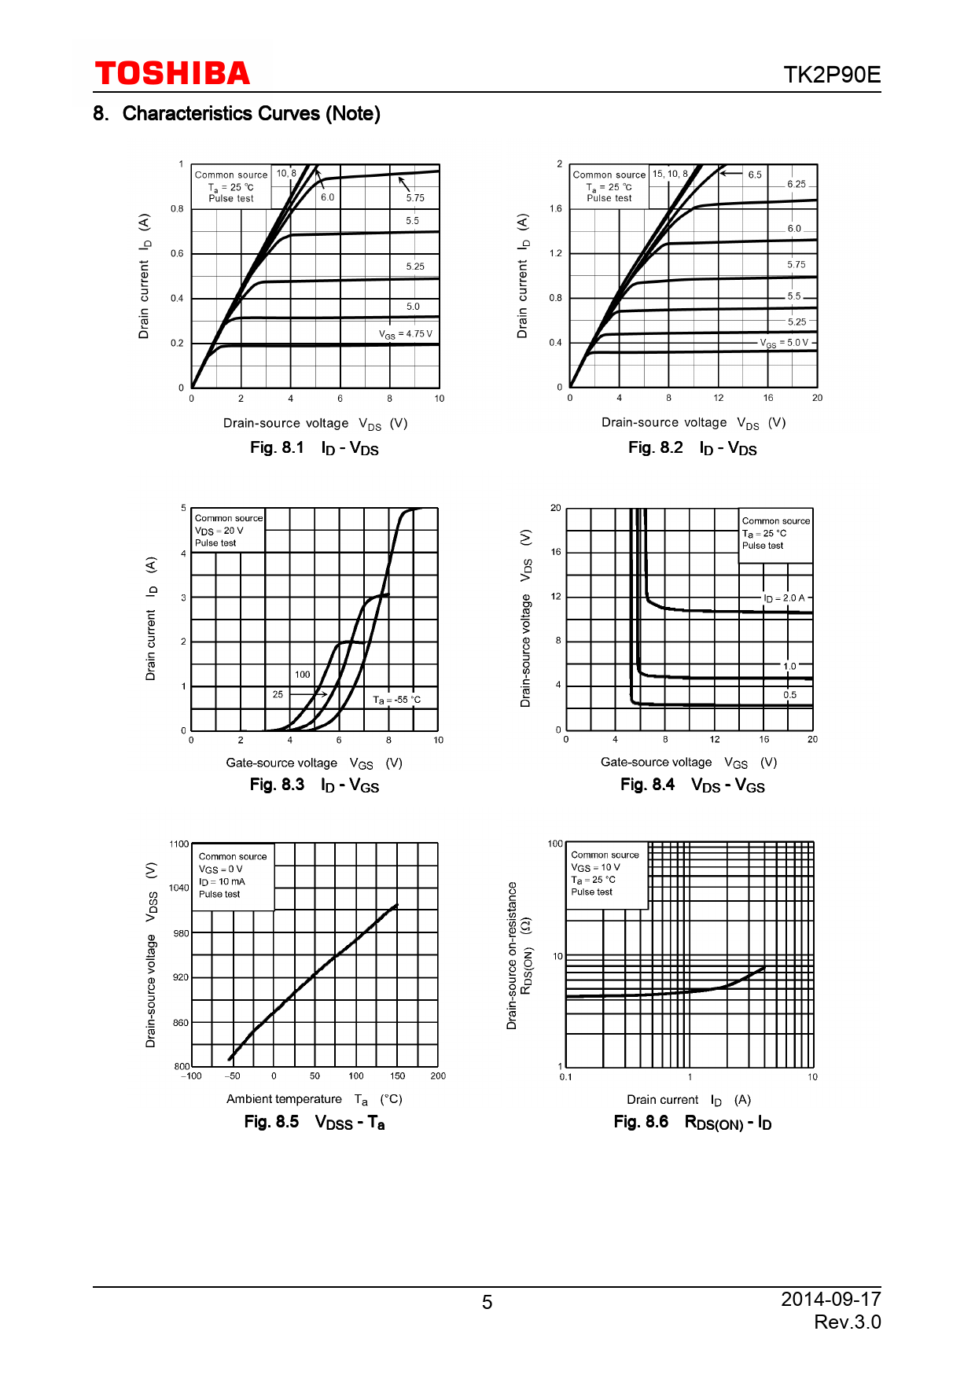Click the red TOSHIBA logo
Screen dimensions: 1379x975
pos(172,74)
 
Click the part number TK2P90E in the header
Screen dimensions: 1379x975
pos(831,75)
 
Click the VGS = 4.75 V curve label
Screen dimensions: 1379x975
pos(406,334)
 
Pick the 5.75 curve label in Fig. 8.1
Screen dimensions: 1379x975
pos(415,198)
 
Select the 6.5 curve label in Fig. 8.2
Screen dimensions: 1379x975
pos(755,175)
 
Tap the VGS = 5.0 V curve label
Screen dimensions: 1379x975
pos(784,343)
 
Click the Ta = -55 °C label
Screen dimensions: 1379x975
pos(396,700)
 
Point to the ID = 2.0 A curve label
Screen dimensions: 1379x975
pos(785,598)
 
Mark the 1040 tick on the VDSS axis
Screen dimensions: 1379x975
pos(179,888)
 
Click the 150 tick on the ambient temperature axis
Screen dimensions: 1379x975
pos(397,1076)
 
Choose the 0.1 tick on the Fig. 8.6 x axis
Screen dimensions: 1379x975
pos(565,1076)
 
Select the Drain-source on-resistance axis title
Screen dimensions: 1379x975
pos(512,955)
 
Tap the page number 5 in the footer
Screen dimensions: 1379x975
pos(487,1303)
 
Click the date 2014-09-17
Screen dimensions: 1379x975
pos(830,1299)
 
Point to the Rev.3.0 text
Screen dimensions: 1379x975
pos(847,1322)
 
